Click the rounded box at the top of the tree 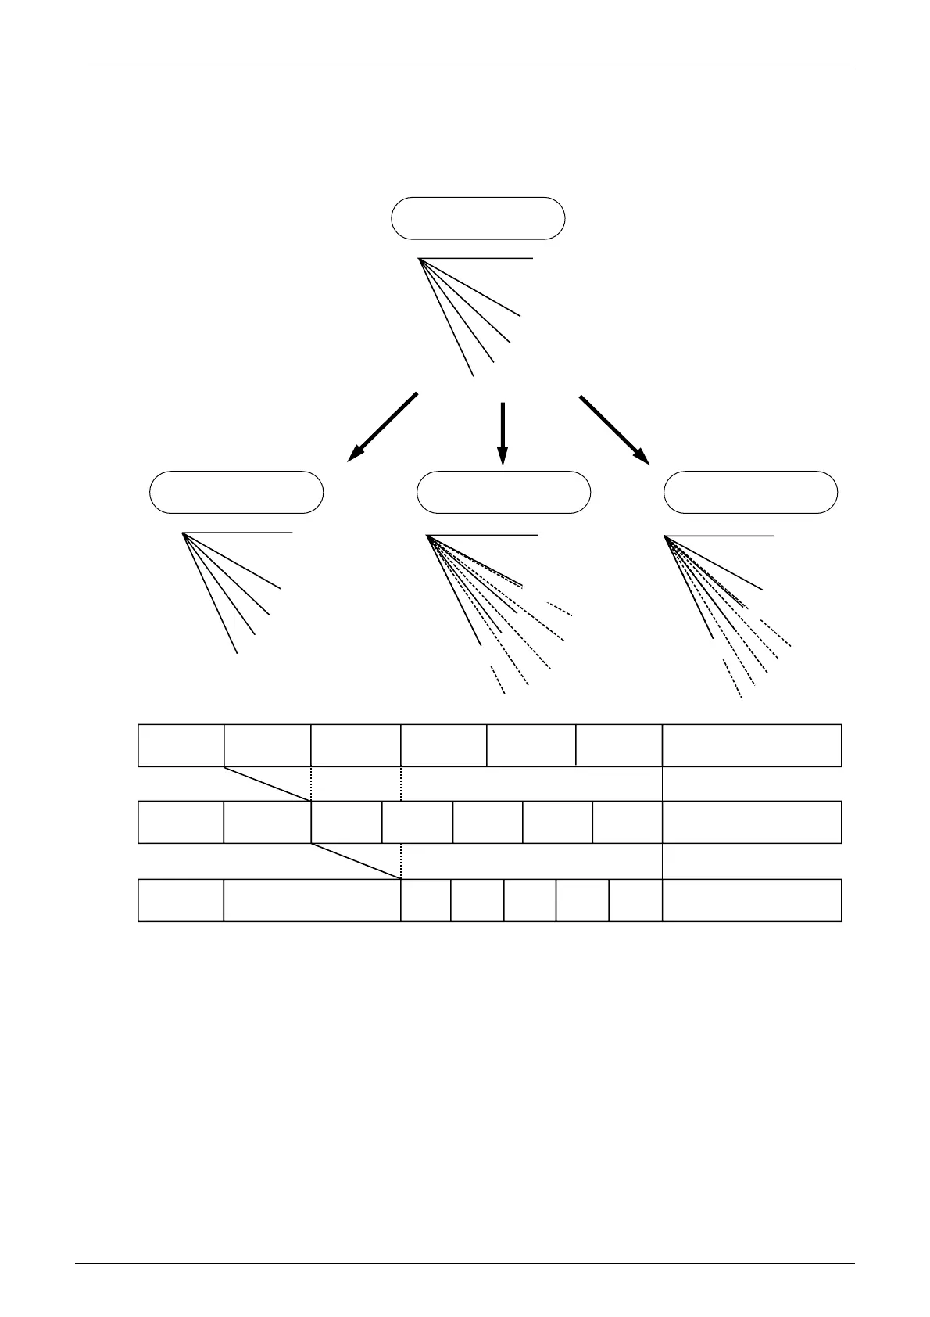[478, 218]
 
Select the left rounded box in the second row [236, 492]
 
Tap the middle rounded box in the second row [503, 492]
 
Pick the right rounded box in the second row [750, 492]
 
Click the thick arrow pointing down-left [382, 427]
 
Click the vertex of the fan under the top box [420, 258]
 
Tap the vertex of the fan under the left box [183, 533]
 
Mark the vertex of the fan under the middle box [427, 536]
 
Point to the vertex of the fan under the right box [664, 536]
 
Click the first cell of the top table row [181, 745]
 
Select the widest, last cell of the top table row [751, 745]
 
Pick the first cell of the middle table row [181, 822]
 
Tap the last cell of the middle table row [751, 822]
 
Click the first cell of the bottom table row [181, 900]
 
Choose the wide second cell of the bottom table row [312, 900]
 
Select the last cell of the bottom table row [751, 900]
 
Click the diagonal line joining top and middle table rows [267, 784]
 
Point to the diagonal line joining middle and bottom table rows [356, 860]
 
